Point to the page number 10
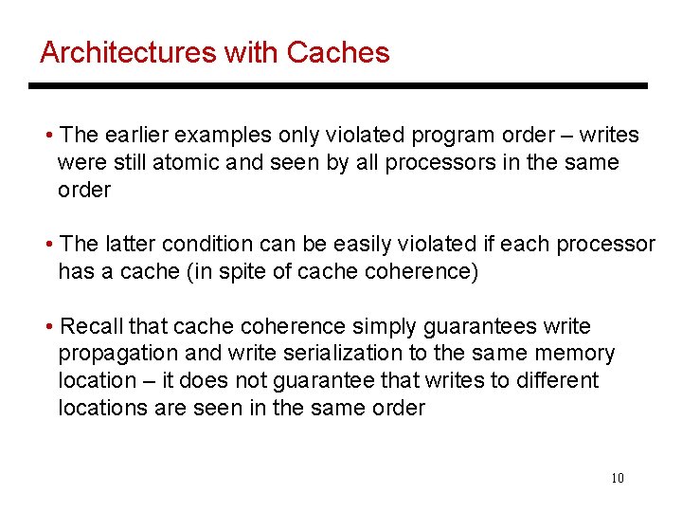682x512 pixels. pyautogui.click(x=617, y=478)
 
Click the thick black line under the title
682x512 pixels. pyautogui.click(x=337, y=86)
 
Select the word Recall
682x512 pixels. pyautogui.click(x=91, y=327)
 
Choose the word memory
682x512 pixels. pyautogui.click(x=575, y=355)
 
